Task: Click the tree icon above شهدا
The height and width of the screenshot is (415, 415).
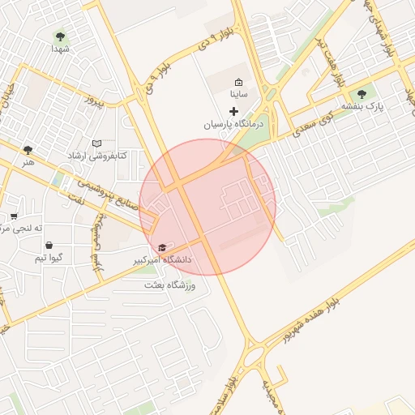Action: point(60,36)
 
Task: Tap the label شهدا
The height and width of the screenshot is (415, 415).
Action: point(61,49)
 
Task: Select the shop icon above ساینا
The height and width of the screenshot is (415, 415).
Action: point(238,82)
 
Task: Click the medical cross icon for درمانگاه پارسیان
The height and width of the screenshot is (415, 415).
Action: point(234,110)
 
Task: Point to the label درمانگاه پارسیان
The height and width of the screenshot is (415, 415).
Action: point(229,125)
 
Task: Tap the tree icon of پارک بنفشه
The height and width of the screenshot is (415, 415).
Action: point(362,94)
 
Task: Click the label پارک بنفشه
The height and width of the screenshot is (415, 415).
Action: point(362,106)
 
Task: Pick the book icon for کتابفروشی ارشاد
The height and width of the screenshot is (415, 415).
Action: point(98,143)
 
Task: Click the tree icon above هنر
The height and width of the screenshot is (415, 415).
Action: point(29,150)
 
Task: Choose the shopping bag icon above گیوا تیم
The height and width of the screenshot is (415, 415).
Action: point(49,245)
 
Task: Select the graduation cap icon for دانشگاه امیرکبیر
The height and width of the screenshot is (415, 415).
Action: point(161,247)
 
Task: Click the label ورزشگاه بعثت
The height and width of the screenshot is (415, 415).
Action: point(175,285)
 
